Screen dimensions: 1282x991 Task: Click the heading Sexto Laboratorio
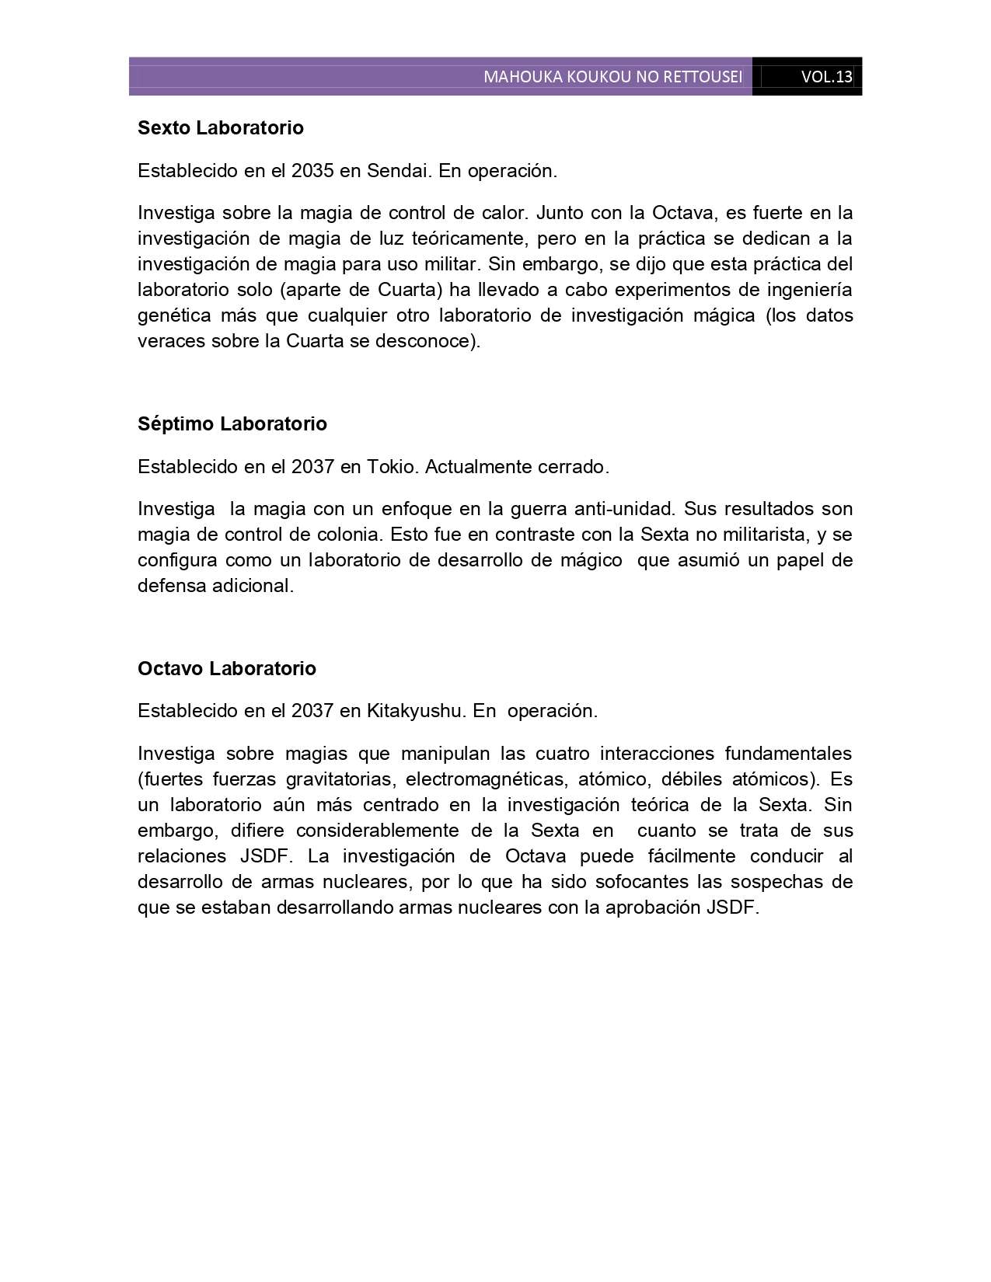220,128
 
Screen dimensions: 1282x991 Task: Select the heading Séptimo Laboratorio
232,424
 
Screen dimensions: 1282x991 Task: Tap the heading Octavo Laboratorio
226,669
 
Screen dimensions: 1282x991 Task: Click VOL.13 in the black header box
827,77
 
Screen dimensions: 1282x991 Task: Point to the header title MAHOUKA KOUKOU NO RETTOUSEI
612,77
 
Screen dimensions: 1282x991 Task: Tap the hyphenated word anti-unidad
625,509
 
